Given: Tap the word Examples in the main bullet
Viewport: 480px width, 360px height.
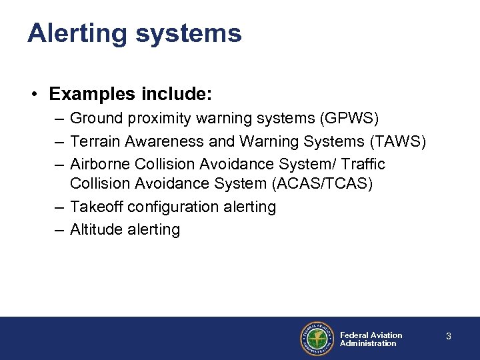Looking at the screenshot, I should click(x=87, y=95).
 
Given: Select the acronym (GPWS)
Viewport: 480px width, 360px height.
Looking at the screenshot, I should click(x=349, y=119).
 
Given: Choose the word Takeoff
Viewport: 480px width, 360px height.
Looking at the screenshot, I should click(x=96, y=207).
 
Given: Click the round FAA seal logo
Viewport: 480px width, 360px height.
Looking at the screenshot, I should click(x=316, y=339).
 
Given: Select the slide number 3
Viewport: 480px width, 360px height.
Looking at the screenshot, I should click(x=448, y=337).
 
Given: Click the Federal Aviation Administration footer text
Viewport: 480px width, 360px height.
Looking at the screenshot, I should click(x=371, y=339).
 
